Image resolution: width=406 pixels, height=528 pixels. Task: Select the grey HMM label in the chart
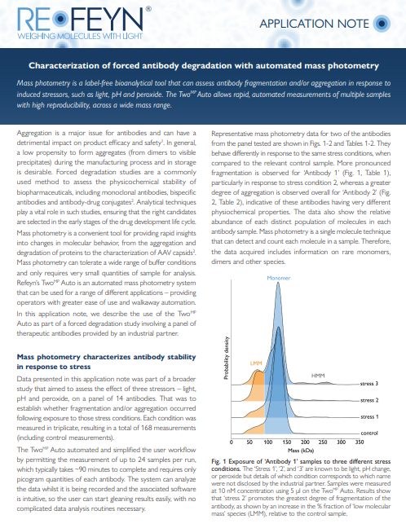(317, 376)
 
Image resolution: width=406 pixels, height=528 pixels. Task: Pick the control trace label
(369, 432)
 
